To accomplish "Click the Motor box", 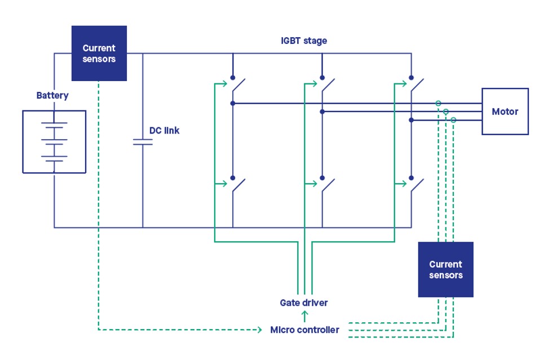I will pyautogui.click(x=505, y=112).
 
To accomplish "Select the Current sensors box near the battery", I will pyautogui.click(x=99, y=54).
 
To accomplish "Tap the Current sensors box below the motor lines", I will pyautogui.click(x=445, y=269).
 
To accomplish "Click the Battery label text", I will pyautogui.click(x=52, y=96).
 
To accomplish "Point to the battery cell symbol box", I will pyautogui.click(x=54, y=141).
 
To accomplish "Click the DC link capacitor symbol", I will pyautogui.click(x=143, y=142).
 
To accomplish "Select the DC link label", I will pyautogui.click(x=164, y=131).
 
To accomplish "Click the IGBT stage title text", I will pyautogui.click(x=304, y=41).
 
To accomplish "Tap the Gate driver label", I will pyautogui.click(x=304, y=303).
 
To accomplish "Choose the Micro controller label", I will pyautogui.click(x=304, y=330).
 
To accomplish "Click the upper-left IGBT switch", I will pyautogui.click(x=238, y=86).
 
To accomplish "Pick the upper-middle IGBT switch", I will pyautogui.click(x=327, y=86).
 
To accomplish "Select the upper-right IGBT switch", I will pyautogui.click(x=416, y=86).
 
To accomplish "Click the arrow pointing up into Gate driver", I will pyautogui.click(x=304, y=315).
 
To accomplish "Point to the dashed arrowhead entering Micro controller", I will pyautogui.click(x=261, y=330).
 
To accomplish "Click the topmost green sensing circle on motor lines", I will pyautogui.click(x=438, y=103).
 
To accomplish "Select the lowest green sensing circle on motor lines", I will pyautogui.click(x=453, y=120).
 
